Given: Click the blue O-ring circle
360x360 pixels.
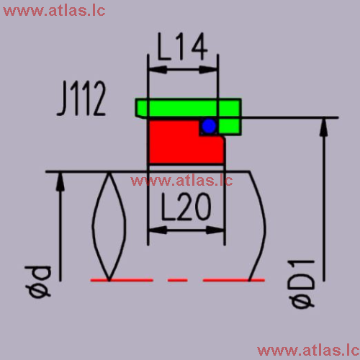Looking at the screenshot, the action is coord(209,126).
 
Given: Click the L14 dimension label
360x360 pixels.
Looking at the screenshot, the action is coord(182,47).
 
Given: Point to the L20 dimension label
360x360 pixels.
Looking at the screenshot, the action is coord(186,207).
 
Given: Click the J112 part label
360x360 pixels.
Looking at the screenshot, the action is coord(81,98).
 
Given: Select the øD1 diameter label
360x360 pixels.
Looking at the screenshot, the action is coord(302,284).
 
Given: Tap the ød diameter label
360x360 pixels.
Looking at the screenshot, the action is coord(38,282).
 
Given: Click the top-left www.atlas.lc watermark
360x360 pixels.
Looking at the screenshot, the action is coord(54,11).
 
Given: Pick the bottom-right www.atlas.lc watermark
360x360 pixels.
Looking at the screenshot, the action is coord(308,351).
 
